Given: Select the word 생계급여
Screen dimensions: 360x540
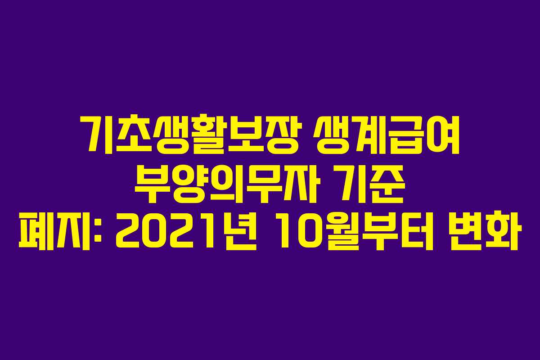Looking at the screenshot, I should point(385,134).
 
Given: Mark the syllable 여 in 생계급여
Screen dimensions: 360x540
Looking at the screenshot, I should point(443,134).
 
